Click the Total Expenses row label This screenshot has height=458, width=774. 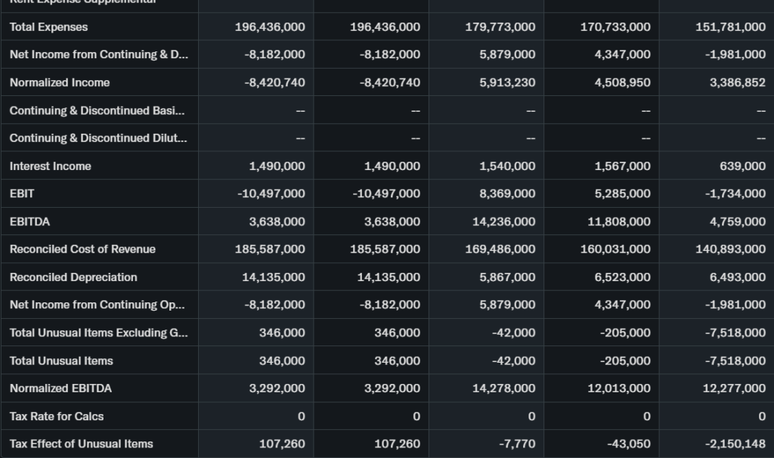[x=48, y=27]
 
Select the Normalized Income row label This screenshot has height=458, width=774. [x=60, y=82]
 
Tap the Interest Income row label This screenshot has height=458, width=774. [x=50, y=166]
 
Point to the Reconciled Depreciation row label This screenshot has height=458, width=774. [x=73, y=277]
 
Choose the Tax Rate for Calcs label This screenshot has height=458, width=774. [x=57, y=416]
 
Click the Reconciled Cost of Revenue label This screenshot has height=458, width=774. [x=82, y=249]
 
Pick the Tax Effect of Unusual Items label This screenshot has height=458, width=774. [x=81, y=444]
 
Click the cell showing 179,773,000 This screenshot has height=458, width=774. [x=500, y=27]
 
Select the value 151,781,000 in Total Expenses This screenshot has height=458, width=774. [x=730, y=27]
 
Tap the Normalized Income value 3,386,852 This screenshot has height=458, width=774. [x=737, y=82]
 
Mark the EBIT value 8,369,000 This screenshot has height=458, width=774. [x=506, y=193]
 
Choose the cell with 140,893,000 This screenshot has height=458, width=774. [x=730, y=249]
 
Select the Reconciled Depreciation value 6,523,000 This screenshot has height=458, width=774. [x=622, y=277]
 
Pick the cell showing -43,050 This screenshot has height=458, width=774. [x=629, y=444]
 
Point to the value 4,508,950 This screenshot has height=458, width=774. [x=622, y=82]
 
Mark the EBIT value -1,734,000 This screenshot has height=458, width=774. [x=735, y=193]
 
